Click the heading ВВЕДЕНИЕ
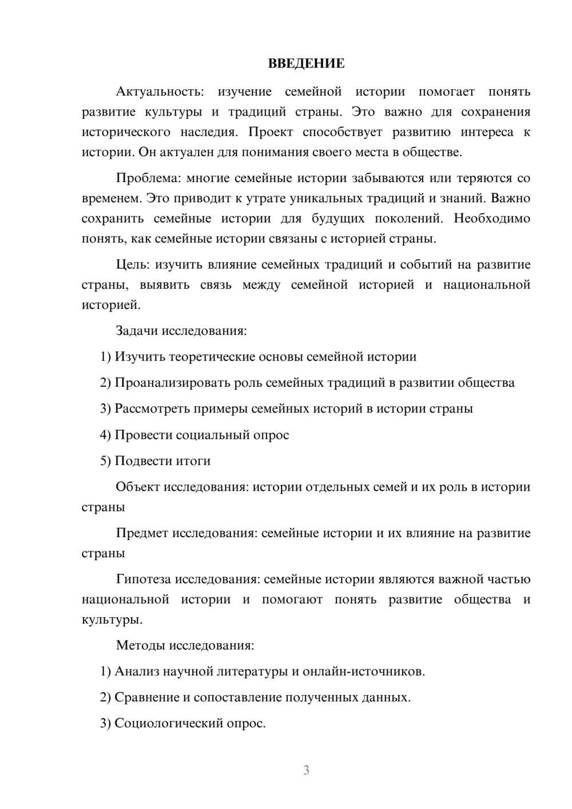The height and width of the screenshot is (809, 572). [306, 64]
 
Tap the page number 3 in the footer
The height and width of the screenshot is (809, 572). [306, 770]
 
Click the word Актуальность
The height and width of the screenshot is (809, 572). [160, 92]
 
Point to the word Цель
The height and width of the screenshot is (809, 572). [133, 264]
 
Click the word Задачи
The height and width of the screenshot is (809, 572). [137, 331]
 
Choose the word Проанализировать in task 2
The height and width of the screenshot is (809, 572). [173, 383]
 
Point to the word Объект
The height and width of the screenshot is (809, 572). [138, 487]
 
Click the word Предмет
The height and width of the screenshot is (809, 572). [142, 533]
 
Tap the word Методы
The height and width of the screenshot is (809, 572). [141, 645]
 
